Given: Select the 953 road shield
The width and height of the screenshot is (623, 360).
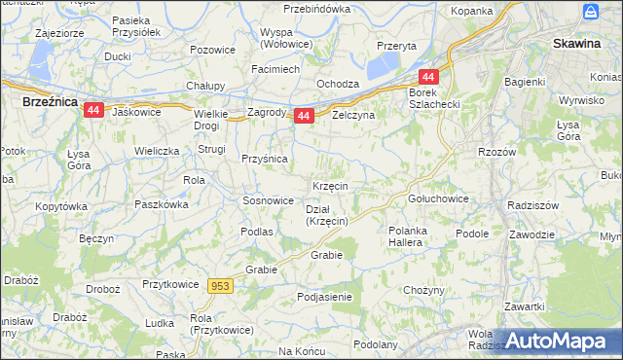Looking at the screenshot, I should pos(221,285).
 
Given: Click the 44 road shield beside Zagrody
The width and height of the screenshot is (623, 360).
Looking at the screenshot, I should pos(304,116).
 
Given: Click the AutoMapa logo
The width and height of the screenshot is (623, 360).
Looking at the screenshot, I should pos(556,342).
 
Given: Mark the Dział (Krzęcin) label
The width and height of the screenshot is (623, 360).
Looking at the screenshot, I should pos(327,215).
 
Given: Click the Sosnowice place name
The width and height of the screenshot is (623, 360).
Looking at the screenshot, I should pos(268,200).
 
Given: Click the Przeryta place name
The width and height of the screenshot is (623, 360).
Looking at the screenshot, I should pos(396,46).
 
